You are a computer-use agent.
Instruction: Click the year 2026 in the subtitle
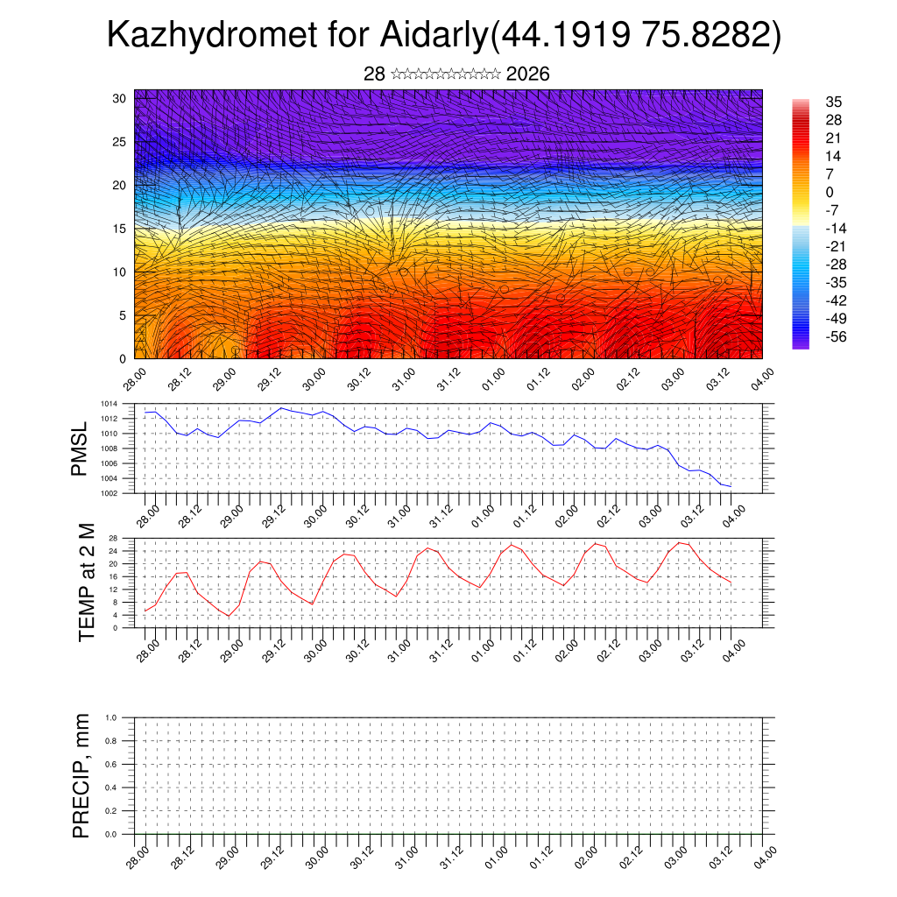click(x=527, y=74)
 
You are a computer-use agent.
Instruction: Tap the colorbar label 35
click(x=833, y=102)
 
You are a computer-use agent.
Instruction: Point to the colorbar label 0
click(x=830, y=193)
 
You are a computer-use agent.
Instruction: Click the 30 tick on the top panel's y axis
click(x=120, y=98)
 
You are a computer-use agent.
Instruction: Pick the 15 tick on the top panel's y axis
click(x=120, y=229)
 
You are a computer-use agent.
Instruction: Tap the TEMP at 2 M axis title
click(x=86, y=582)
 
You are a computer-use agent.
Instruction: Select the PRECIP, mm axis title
click(x=81, y=775)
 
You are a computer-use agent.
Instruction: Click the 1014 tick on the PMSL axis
click(x=108, y=404)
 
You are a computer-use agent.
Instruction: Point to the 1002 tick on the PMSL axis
click(x=108, y=493)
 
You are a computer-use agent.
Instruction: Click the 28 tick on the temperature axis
click(x=113, y=538)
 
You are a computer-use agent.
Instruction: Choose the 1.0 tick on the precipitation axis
click(x=111, y=717)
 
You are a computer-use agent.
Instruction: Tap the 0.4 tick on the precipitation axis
click(x=111, y=788)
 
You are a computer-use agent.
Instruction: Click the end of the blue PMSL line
click(x=731, y=486)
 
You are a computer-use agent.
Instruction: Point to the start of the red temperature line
click(x=145, y=611)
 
